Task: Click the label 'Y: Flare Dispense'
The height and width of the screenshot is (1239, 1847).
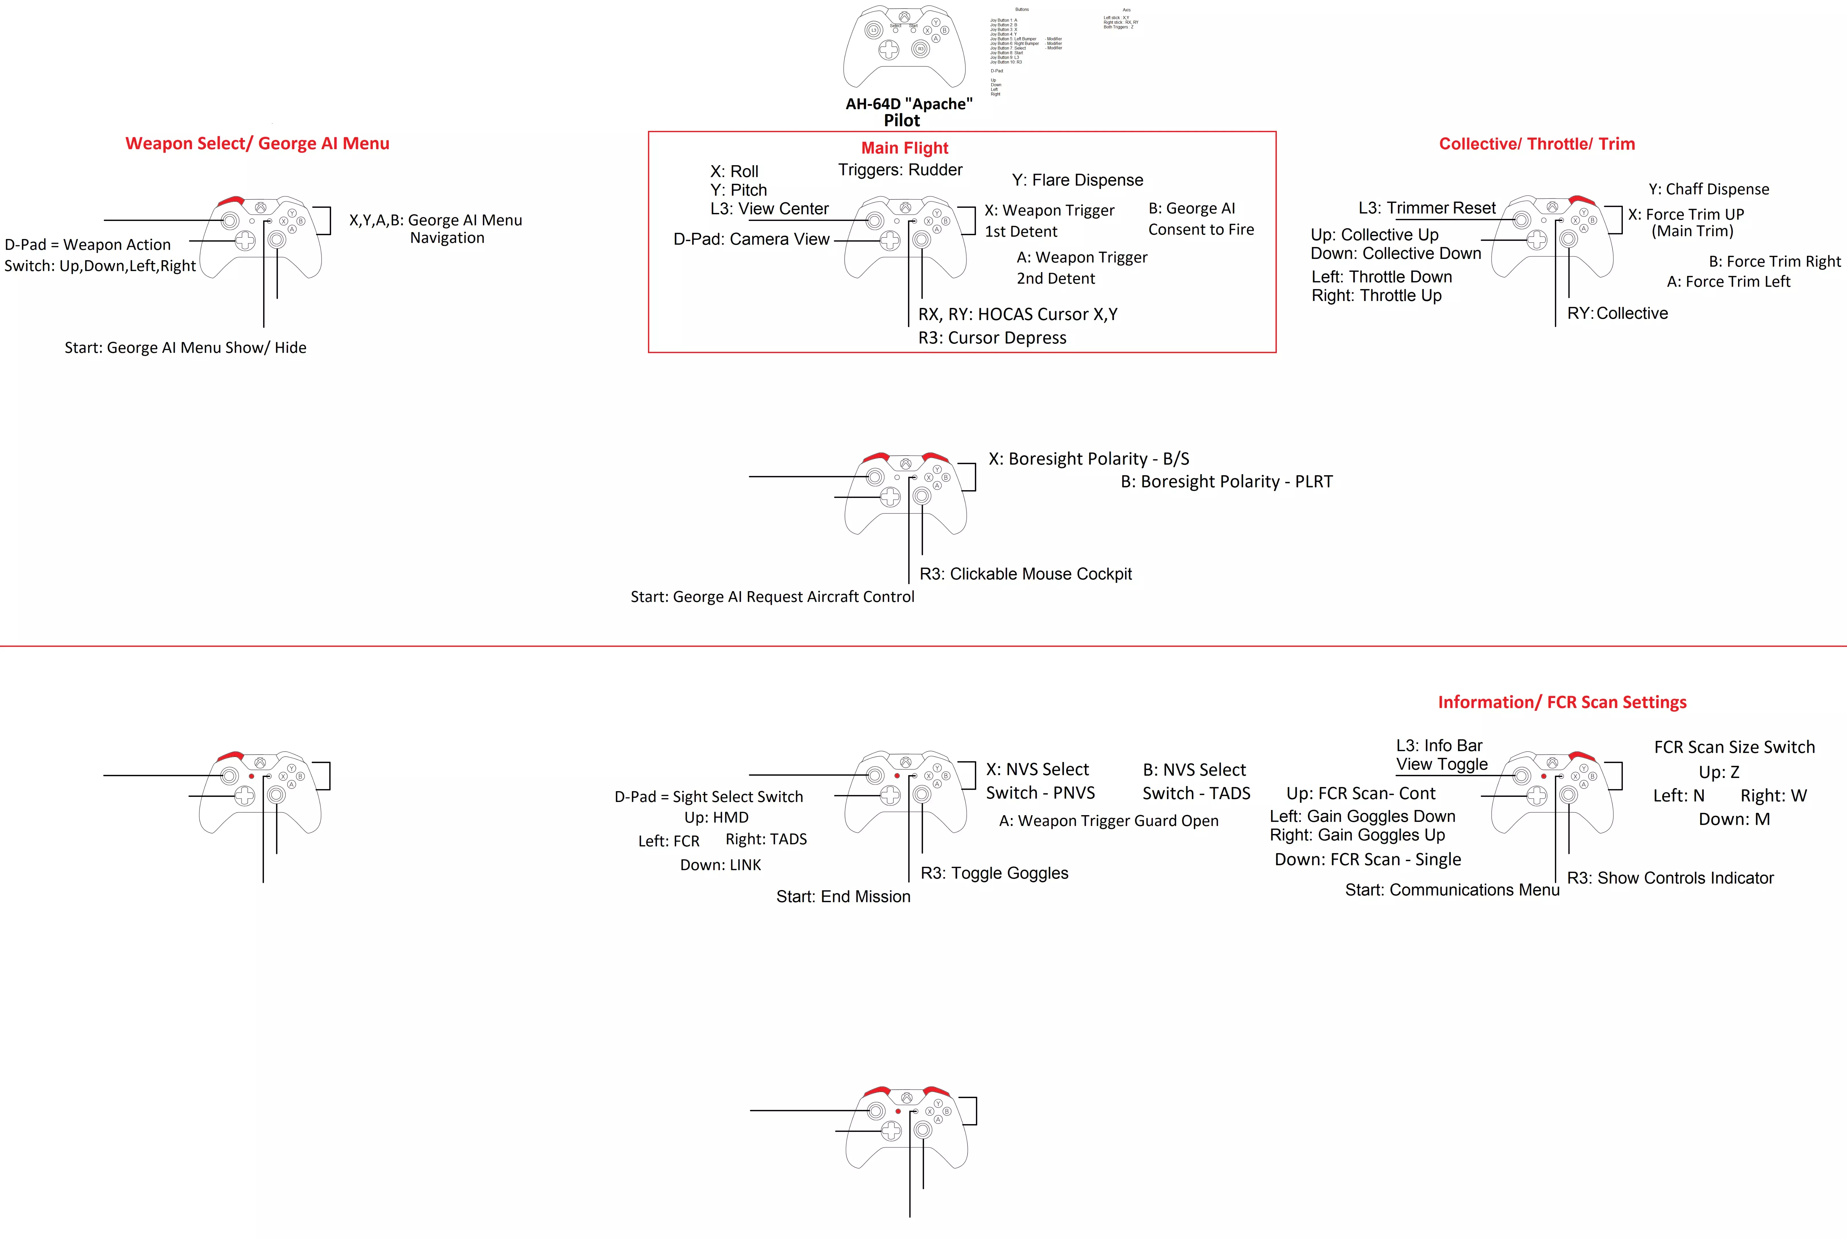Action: pyautogui.click(x=1077, y=180)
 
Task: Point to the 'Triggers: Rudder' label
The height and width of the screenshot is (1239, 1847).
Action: pyautogui.click(x=900, y=170)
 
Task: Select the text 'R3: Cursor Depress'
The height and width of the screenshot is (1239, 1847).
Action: pyautogui.click(x=992, y=338)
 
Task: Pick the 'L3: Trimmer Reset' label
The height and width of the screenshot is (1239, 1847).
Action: pyautogui.click(x=1427, y=208)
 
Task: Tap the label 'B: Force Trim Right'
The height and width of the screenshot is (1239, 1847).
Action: pyautogui.click(x=1774, y=262)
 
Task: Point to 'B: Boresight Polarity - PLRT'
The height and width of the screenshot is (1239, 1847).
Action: pyautogui.click(x=1226, y=482)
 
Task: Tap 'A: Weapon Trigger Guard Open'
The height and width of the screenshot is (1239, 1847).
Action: pyautogui.click(x=1108, y=821)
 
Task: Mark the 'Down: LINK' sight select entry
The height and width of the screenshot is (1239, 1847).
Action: pyautogui.click(x=720, y=865)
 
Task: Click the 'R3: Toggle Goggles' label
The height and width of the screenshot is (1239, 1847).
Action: pyautogui.click(x=994, y=873)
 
